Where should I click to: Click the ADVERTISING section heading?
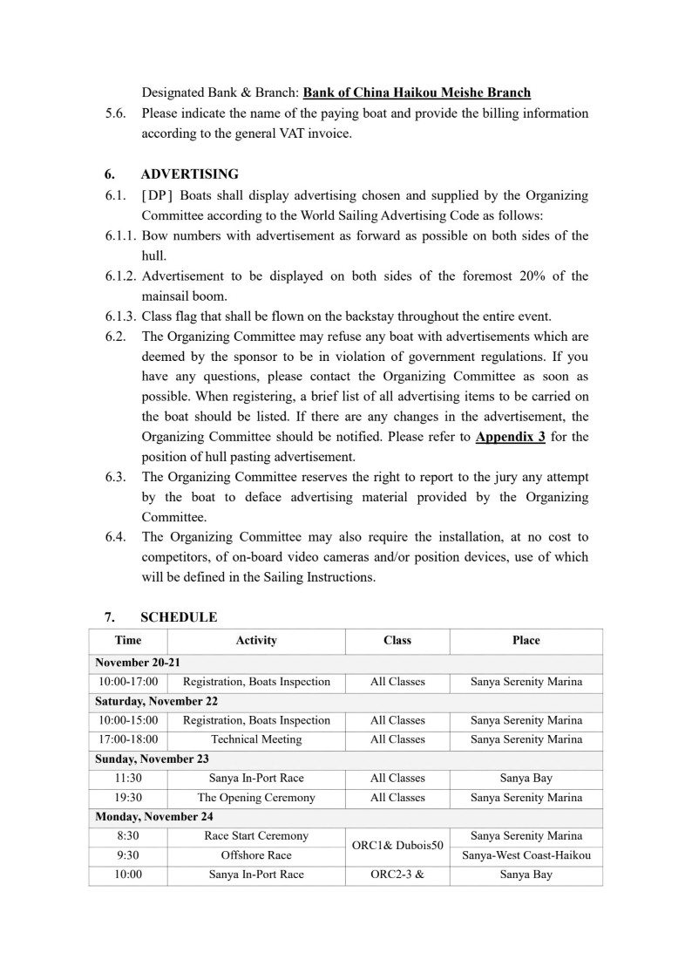189,174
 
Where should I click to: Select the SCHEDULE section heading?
179,617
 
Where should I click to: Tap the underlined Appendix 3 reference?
511,437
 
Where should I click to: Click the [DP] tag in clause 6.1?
157,195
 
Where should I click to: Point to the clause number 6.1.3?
121,316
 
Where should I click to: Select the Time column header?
128,641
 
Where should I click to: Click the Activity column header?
256,641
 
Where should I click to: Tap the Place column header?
526,641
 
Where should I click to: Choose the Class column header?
397,641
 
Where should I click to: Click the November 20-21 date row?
138,663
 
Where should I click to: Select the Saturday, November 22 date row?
157,701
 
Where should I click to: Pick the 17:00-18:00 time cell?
128,739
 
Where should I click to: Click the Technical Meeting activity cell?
256,739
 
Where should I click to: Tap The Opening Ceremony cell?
256,798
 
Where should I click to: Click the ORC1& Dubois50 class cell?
397,846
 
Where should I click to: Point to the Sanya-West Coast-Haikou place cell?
526,855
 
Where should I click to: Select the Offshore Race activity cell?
256,855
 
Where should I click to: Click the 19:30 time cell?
128,798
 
